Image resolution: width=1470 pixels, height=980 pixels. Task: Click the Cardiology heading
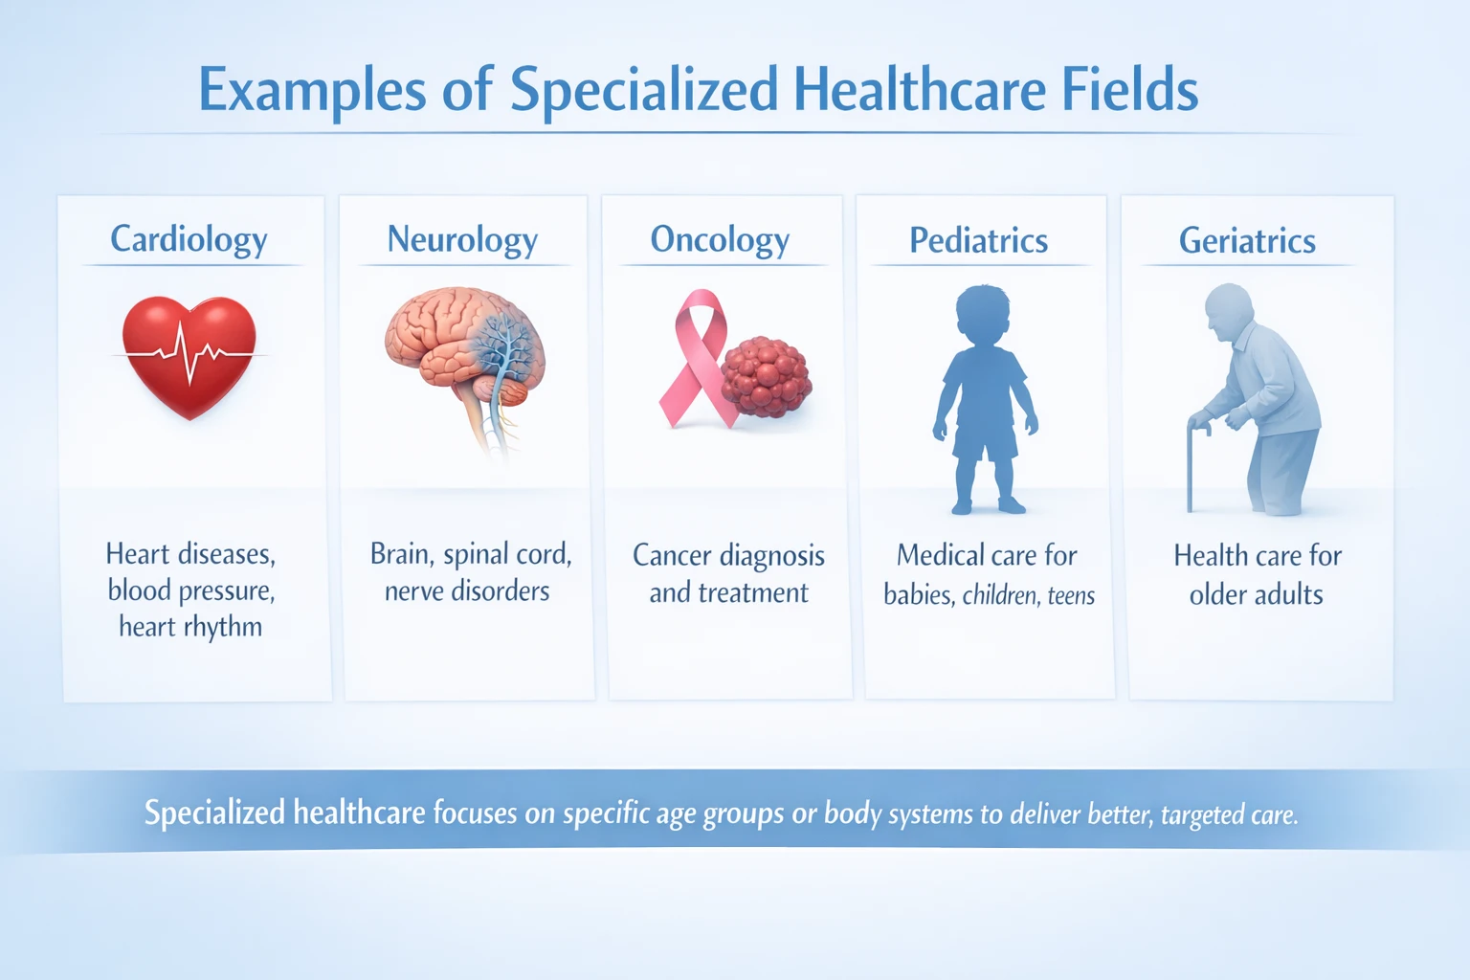tap(189, 239)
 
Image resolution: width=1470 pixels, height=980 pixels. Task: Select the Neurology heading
tap(462, 239)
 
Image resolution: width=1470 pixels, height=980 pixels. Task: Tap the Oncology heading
tap(720, 239)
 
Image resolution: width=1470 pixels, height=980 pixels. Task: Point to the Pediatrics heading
tap(978, 240)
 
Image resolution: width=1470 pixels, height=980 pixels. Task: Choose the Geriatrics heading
tap(1247, 240)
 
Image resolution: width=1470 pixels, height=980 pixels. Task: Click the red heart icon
tap(189, 355)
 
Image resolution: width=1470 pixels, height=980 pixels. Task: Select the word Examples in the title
tap(312, 92)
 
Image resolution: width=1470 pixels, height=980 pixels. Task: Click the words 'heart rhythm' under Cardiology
tap(190, 627)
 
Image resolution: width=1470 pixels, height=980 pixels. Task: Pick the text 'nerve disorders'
tap(467, 591)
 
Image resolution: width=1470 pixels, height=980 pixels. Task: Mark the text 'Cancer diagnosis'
tap(728, 556)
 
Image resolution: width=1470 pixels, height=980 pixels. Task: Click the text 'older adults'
tap(1256, 594)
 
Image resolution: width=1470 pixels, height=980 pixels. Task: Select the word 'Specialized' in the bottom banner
tap(214, 813)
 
